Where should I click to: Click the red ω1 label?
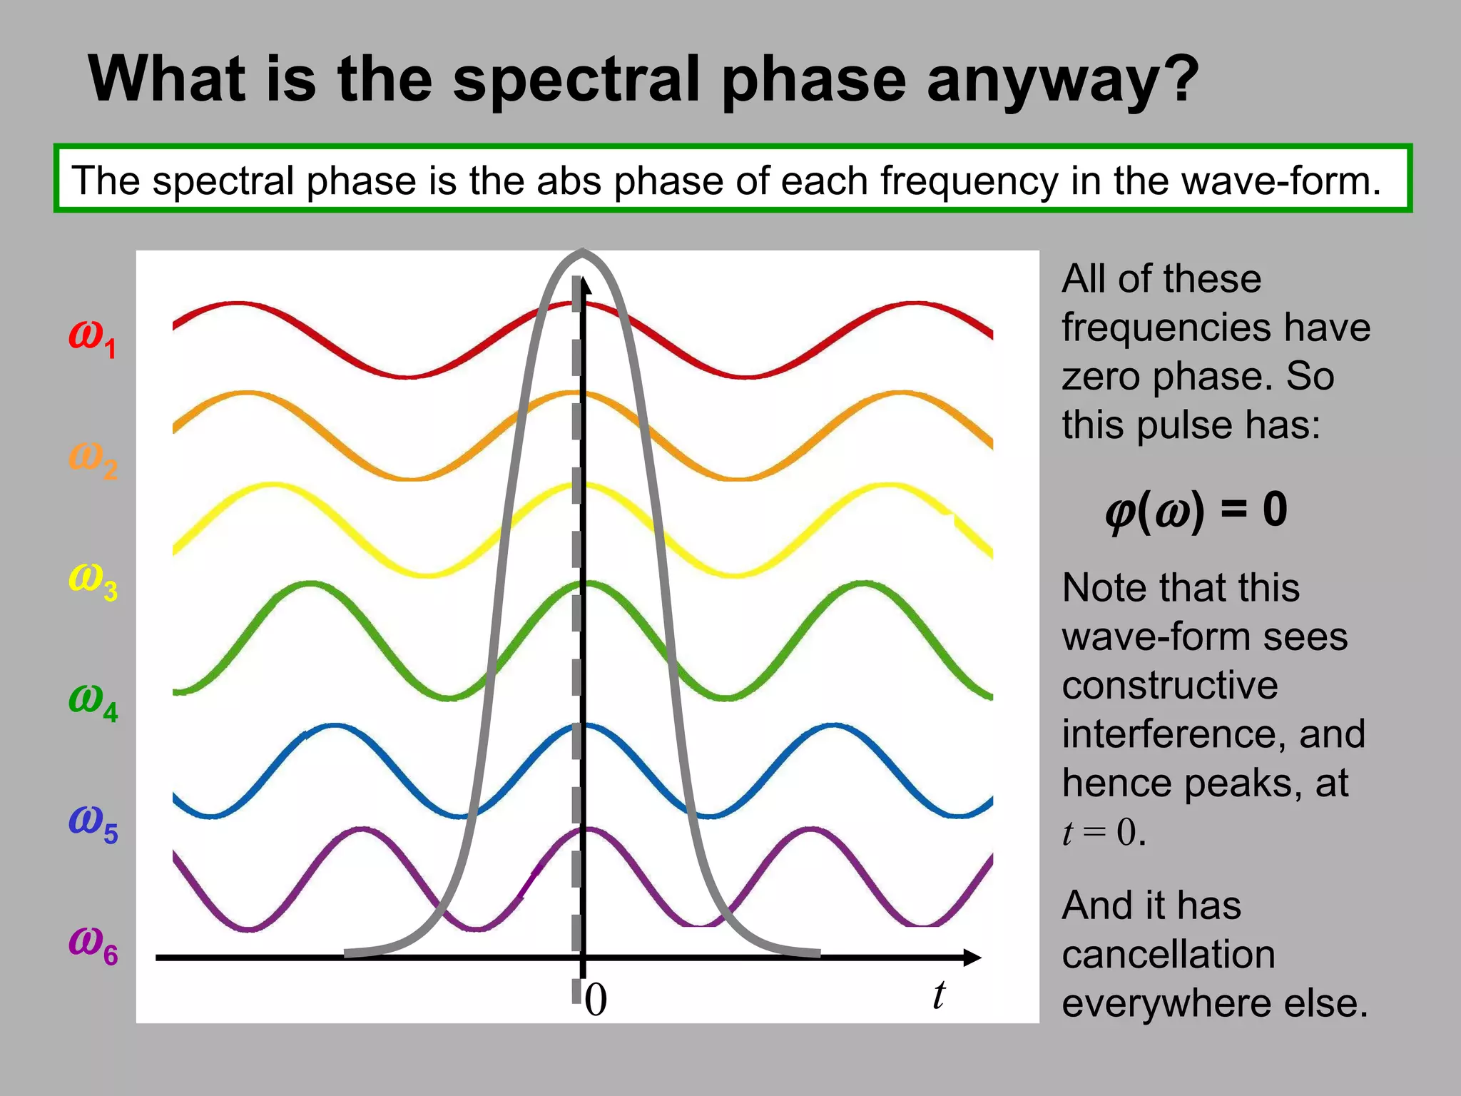(91, 337)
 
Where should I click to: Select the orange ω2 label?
(93, 458)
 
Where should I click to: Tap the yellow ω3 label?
(93, 579)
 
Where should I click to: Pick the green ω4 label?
(93, 701)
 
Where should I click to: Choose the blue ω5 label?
(93, 822)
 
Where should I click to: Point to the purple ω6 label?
(93, 943)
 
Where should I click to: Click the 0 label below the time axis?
(596, 1000)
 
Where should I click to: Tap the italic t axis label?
(939, 995)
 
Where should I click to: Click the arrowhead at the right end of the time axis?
(973, 958)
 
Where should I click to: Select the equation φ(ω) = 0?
(1196, 510)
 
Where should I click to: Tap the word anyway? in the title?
(1062, 80)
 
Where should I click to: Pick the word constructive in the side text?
(1169, 686)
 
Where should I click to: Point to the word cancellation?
(1168, 955)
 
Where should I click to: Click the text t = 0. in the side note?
(1104, 833)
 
